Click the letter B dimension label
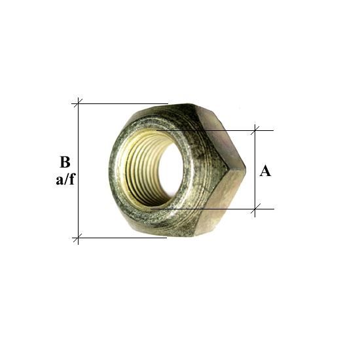coord(65,162)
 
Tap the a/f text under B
coord(65,179)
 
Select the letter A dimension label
coord(265,171)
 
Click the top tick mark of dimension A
coord(255,130)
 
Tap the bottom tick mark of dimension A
coord(255,209)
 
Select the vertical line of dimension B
coord(78,171)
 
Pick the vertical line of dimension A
coord(255,171)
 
